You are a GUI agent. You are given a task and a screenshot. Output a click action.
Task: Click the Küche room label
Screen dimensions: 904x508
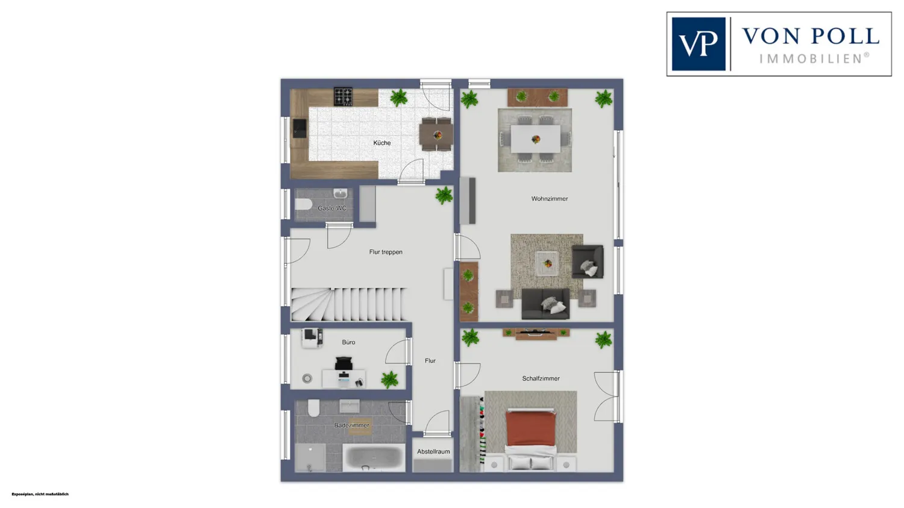381,143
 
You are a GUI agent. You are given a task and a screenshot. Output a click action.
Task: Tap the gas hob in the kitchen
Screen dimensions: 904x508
343,96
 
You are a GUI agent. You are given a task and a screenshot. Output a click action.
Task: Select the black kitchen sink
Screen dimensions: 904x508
300,128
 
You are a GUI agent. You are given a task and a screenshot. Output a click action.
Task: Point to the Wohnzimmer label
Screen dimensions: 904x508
549,198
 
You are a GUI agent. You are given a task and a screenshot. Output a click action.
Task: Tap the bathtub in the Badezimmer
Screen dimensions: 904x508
374,457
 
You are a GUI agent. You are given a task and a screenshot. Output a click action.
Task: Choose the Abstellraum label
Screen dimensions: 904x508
433,451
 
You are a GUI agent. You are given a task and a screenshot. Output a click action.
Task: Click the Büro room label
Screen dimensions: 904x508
349,342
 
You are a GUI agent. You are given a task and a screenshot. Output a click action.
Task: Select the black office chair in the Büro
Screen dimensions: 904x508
344,363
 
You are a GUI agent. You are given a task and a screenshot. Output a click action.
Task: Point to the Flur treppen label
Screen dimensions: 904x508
386,252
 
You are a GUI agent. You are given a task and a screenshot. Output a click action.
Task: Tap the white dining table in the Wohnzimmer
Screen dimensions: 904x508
536,139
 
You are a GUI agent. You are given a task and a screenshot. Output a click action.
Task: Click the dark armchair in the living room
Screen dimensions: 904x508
588,262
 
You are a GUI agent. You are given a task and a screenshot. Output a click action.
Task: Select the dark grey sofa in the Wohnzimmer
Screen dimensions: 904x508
545,304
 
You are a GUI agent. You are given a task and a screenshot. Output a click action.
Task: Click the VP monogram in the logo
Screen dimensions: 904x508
698,43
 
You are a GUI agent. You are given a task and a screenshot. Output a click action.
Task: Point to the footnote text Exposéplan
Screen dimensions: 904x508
23,494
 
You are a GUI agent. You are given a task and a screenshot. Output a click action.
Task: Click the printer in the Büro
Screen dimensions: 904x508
312,337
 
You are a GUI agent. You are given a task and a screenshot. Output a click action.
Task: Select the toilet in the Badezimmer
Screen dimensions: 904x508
313,408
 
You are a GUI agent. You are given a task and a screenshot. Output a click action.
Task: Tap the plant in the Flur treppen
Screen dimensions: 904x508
444,195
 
